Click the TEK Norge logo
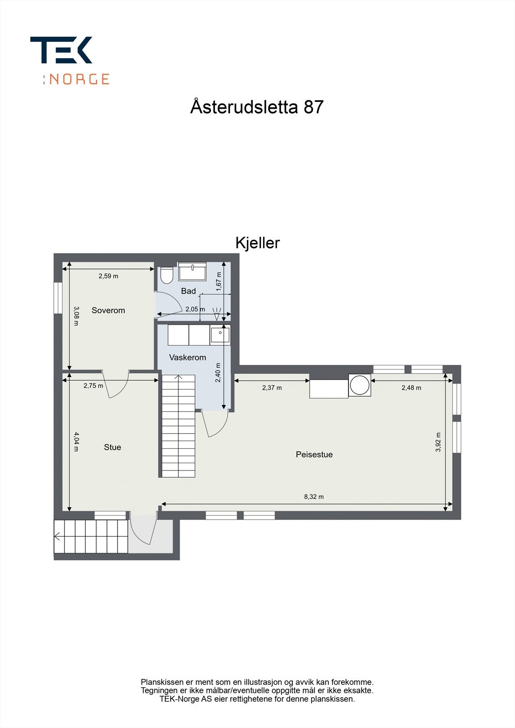pos(69,61)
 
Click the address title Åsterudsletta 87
pos(257,107)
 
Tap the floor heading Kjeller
pos(257,243)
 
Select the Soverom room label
pos(108,310)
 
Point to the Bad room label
pos(188,291)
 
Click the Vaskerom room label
pos(188,358)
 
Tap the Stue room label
pos(112,447)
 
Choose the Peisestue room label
pos(314,455)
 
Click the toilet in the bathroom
pos(167,275)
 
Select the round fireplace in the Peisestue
pos(360,385)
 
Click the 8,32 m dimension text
pos(314,497)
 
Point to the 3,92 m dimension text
pos(438,442)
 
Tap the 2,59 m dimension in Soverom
pos(108,276)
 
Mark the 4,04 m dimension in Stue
pos(76,441)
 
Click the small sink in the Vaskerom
pos(220,335)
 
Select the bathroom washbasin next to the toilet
pos(192,272)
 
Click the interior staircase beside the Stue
pos(178,426)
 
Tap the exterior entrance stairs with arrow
pos(91,536)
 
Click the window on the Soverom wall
pos(58,298)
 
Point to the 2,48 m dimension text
pos(411,388)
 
